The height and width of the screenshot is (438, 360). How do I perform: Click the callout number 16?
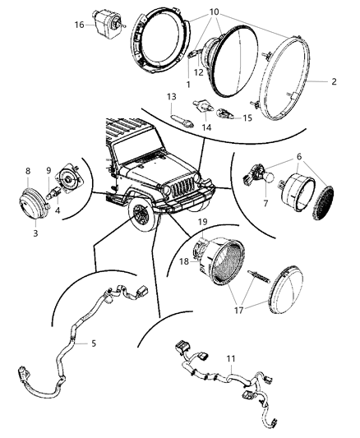pyautogui.click(x=79, y=25)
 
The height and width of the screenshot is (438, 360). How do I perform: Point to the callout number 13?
pyautogui.click(x=172, y=97)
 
